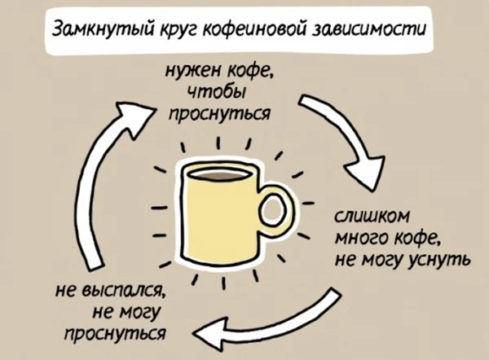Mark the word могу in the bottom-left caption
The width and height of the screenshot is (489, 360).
coord(141,311)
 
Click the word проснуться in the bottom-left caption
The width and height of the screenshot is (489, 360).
coord(115,332)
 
